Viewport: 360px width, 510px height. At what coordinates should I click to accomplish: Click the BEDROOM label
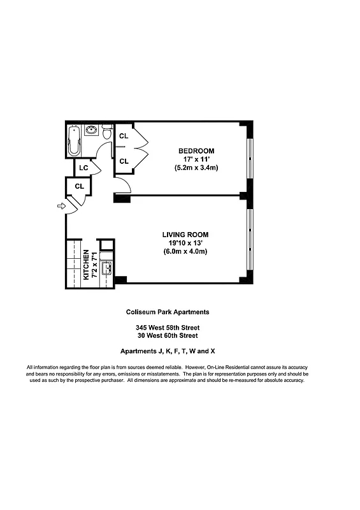point(196,150)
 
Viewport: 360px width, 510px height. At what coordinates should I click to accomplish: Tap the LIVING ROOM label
point(185,235)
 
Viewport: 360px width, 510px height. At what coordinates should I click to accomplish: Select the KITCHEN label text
point(86,264)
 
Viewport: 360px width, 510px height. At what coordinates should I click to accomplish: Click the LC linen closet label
point(83,168)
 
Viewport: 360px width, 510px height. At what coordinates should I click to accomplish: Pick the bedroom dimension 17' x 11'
point(196,159)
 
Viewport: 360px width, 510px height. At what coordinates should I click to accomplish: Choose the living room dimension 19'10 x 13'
point(185,243)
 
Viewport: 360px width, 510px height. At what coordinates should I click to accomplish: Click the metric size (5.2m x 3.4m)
point(196,168)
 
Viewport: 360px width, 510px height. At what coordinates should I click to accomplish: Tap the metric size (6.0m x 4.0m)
point(185,252)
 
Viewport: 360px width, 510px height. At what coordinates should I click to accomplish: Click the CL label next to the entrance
point(80,186)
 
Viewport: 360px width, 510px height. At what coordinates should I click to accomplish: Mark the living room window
point(249,238)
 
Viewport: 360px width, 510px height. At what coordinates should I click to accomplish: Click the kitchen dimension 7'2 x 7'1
point(95,264)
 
